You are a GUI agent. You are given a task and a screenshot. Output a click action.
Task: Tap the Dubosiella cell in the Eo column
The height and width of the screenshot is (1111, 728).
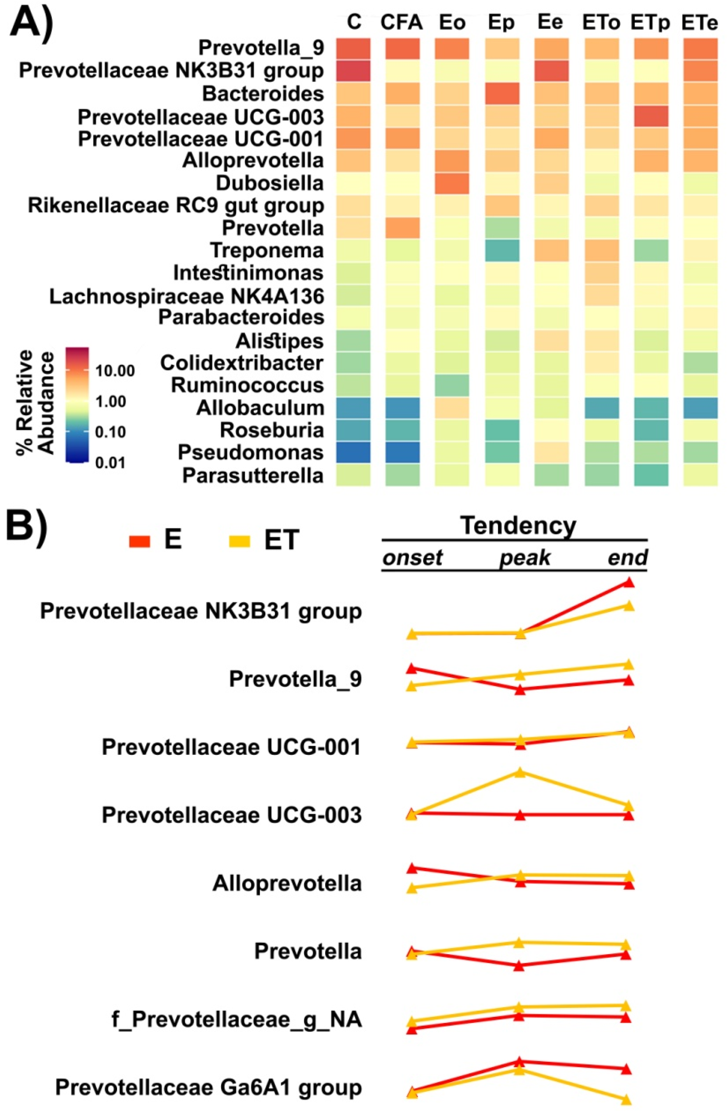452,183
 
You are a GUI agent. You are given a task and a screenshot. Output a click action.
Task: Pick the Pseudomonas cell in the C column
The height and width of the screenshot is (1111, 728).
353,452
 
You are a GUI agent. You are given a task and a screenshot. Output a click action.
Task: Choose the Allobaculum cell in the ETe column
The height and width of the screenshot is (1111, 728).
700,408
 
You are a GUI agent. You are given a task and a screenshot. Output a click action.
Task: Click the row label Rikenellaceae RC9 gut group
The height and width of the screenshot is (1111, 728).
176,205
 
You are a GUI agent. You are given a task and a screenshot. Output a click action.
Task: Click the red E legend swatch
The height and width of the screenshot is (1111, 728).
139,541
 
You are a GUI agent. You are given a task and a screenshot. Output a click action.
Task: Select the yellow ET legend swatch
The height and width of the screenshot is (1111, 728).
239,541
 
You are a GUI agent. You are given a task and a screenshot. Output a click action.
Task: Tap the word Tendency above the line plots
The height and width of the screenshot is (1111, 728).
518,526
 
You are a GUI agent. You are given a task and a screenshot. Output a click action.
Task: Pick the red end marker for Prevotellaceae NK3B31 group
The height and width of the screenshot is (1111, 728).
629,582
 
